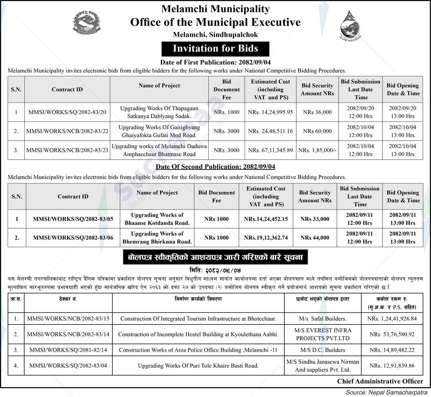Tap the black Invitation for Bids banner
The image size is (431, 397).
(215, 48)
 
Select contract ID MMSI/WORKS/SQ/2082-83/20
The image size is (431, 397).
(67, 112)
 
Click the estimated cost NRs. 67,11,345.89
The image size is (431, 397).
(270, 150)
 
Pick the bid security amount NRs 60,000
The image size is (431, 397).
(317, 131)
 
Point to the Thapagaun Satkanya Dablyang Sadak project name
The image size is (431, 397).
(159, 112)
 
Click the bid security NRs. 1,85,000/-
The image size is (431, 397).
(317, 150)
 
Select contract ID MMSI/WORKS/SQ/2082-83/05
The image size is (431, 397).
(73, 219)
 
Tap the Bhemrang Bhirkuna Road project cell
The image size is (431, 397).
(157, 238)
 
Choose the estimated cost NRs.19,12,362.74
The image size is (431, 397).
(266, 238)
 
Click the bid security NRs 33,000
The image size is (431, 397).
(315, 219)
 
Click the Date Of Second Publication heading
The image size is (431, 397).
(215, 167)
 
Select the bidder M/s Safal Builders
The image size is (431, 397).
(323, 319)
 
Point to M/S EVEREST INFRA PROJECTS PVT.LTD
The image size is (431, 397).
(323, 334)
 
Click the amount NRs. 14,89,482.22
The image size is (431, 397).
(392, 350)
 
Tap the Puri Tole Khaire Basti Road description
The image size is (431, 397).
(198, 366)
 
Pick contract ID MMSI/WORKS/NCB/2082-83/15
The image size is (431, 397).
(68, 319)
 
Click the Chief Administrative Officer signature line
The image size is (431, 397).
(380, 381)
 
